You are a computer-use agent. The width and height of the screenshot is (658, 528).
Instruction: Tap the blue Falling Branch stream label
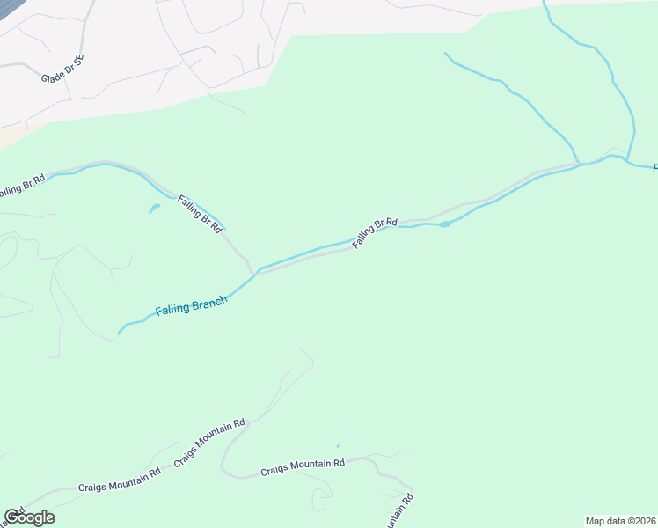[x=191, y=306]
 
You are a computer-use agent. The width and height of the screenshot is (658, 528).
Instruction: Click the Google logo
[x=29, y=517]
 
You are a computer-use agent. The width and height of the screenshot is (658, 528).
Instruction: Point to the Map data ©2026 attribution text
[x=620, y=521]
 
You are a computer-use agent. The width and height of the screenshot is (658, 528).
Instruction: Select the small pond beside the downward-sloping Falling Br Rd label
[x=155, y=209]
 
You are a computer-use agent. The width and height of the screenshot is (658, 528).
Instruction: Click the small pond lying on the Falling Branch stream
[x=445, y=224]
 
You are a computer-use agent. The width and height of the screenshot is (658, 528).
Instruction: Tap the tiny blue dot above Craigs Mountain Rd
[x=337, y=445]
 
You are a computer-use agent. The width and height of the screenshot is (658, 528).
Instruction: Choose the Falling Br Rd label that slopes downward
[x=200, y=213]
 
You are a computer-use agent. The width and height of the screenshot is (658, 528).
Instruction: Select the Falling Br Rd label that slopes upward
[x=376, y=233]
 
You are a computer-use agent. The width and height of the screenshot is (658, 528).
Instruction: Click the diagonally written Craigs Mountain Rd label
[x=209, y=444]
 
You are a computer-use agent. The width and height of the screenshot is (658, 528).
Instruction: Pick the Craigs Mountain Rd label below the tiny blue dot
[x=302, y=468]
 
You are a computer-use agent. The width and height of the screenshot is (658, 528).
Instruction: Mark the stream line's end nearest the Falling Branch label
[x=119, y=334]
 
